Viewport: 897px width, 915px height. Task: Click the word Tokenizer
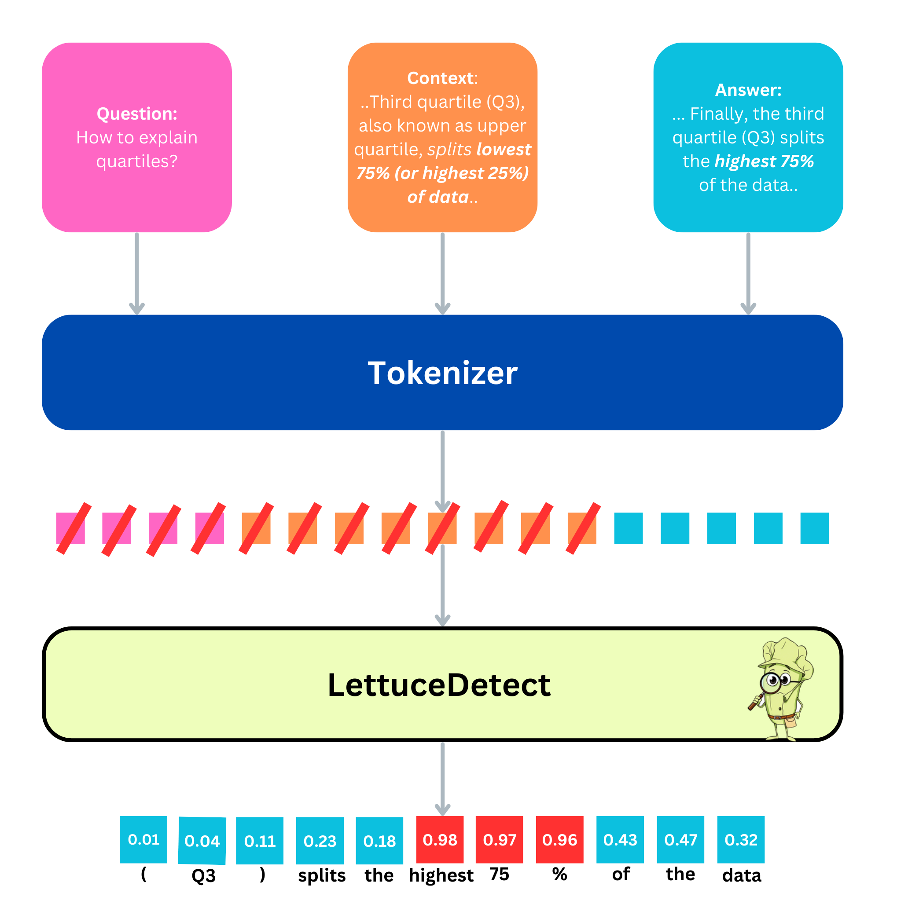click(442, 373)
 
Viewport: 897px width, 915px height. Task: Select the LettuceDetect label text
click(439, 685)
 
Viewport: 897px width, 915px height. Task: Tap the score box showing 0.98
click(440, 839)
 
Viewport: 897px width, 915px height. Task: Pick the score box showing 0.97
click(499, 839)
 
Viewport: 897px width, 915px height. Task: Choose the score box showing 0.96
click(559, 839)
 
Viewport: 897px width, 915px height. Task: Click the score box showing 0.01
click(143, 839)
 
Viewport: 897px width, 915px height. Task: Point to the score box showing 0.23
click(320, 841)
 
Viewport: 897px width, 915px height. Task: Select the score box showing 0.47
click(680, 839)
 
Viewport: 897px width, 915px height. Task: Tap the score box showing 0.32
click(741, 839)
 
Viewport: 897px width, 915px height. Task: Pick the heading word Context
click(440, 78)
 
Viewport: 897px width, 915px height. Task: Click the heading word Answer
click(748, 90)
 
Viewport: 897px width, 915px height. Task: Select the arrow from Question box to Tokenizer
click(136, 273)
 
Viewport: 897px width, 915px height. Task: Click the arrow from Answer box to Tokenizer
click(748, 273)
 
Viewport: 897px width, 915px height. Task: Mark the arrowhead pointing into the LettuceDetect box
click(442, 620)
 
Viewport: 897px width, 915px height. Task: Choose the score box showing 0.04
click(202, 841)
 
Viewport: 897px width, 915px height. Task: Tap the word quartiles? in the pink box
click(136, 161)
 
